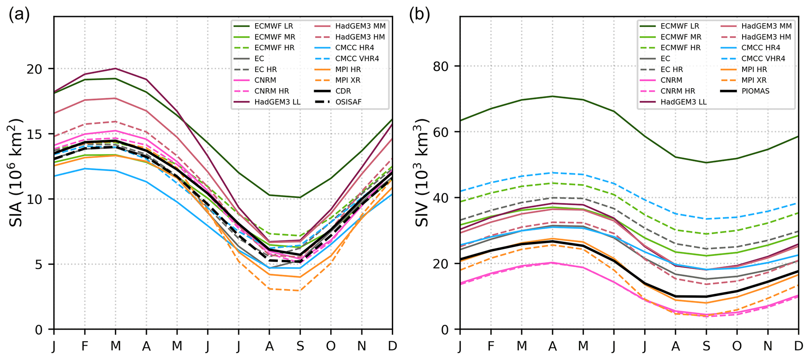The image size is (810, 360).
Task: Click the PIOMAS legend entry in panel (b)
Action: click(x=755, y=91)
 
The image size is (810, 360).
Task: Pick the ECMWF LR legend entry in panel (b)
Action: click(x=680, y=26)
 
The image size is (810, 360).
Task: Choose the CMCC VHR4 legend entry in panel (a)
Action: click(x=357, y=58)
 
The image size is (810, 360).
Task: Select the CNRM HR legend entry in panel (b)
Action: click(x=678, y=91)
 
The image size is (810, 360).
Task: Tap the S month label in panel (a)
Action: click(x=300, y=346)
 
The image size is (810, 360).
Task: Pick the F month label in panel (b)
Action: click(x=491, y=346)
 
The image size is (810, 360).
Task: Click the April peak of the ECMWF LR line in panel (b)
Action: click(x=552, y=96)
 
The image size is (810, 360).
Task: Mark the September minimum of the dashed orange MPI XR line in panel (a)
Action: click(x=300, y=291)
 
